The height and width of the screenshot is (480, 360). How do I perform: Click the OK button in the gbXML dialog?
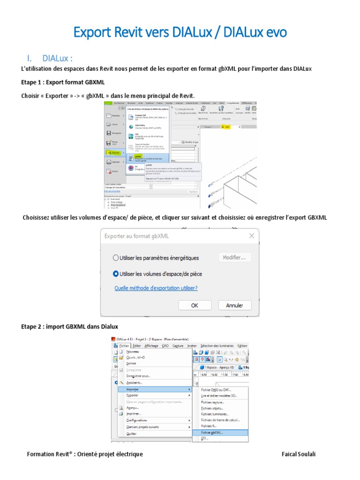point(195,305)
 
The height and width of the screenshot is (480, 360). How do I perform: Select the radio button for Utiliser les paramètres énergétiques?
point(116,258)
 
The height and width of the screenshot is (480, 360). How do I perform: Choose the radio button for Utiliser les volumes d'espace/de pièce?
point(116,274)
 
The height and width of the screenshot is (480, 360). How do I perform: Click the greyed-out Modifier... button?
point(235,257)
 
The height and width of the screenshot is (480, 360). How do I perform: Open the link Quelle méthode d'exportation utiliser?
point(156,288)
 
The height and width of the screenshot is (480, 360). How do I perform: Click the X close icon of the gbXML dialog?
point(252,236)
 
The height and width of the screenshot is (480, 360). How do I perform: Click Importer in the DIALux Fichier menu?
point(135,389)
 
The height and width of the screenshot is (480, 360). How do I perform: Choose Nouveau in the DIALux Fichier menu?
point(133,352)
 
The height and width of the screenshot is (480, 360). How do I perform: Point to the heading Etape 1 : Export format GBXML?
point(63,82)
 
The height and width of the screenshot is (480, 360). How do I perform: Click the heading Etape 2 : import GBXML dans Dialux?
point(70,326)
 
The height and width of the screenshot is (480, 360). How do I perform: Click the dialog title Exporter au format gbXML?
point(136,236)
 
